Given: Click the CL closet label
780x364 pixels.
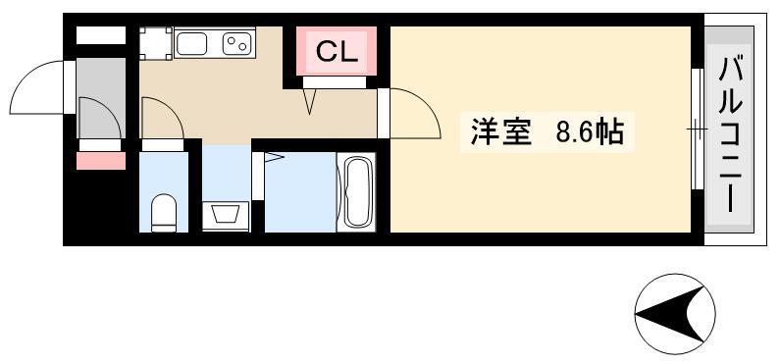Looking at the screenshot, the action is tap(337, 51).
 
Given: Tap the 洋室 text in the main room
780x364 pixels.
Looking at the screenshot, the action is tap(501, 132).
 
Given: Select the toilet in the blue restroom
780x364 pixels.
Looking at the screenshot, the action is tap(164, 213).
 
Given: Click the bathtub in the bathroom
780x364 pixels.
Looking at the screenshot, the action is tap(356, 192).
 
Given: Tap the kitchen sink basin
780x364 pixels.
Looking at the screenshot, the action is tap(191, 44).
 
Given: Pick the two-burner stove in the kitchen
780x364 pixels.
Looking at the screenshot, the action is tap(235, 44).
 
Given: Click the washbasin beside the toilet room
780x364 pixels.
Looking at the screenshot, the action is tap(226, 216).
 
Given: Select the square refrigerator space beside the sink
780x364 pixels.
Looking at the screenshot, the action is tap(156, 43).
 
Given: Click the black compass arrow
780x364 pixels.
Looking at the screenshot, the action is tap(670, 314).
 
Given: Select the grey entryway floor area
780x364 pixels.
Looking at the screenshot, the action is tap(101, 98).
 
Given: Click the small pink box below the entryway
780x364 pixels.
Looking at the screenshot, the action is tap(101, 161).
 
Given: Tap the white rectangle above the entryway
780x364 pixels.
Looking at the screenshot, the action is tap(100, 35).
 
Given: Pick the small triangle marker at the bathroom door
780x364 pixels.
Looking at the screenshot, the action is tap(274, 158).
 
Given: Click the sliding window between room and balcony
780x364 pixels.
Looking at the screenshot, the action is tap(698, 130).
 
